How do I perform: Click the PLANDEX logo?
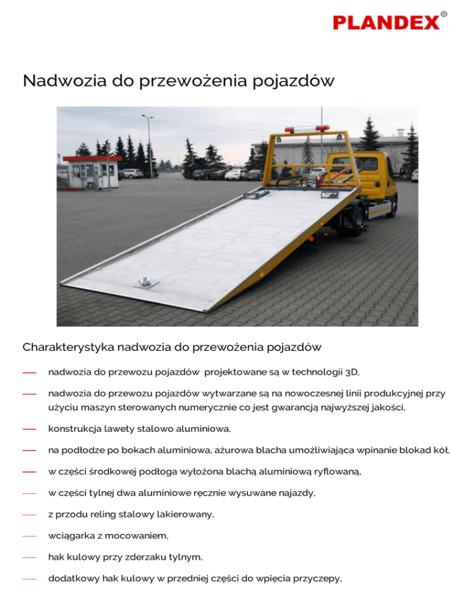click(x=386, y=23)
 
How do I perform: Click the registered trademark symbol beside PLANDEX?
click(x=444, y=14)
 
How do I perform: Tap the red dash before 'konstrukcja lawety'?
click(x=29, y=429)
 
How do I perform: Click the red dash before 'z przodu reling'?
click(x=29, y=515)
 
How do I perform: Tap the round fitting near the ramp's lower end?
click(x=145, y=282)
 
